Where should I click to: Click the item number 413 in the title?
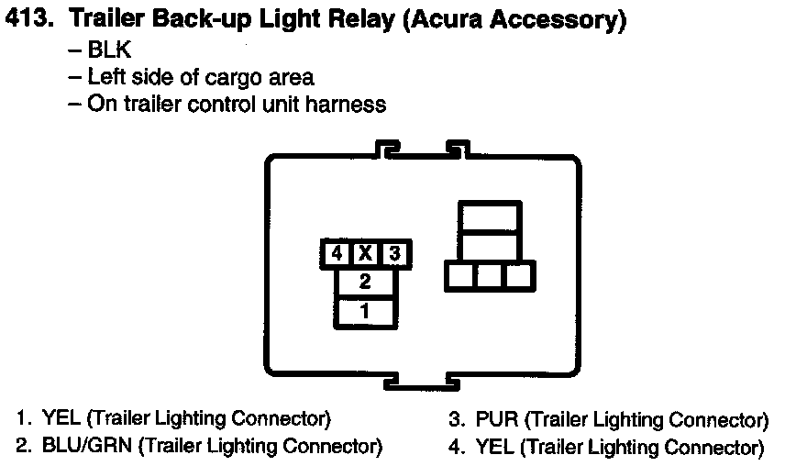tap(27, 19)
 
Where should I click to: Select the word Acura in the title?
tap(452, 19)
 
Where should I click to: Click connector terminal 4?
tap(337, 253)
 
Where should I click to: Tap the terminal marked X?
tap(365, 253)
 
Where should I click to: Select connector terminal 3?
tap(394, 253)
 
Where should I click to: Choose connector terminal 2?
tap(365, 282)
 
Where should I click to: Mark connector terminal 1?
tap(365, 311)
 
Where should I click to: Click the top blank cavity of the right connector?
tap(490, 217)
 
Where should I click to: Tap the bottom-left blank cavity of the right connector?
tap(459, 275)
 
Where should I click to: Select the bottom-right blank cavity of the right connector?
tap(519, 275)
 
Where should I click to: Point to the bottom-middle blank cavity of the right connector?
tap(490, 275)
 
